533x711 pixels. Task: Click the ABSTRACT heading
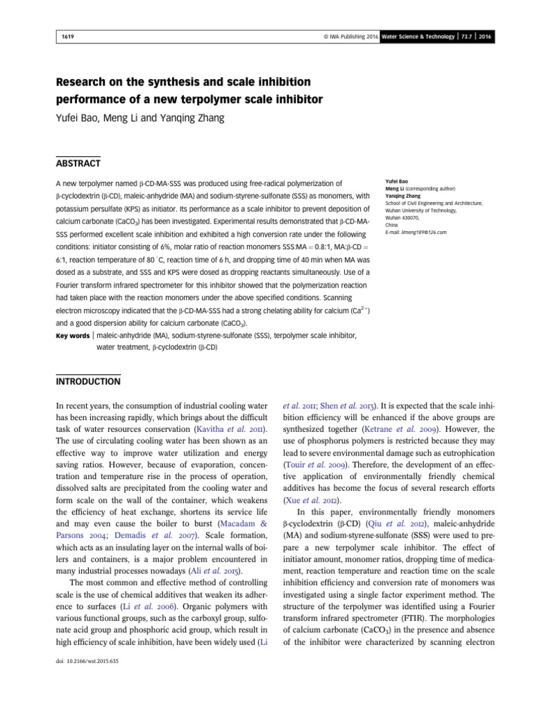[78, 163]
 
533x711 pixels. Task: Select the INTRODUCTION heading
[87, 382]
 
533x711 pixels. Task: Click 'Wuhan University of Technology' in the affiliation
[421, 209]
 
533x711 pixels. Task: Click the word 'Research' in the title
[83, 82]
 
